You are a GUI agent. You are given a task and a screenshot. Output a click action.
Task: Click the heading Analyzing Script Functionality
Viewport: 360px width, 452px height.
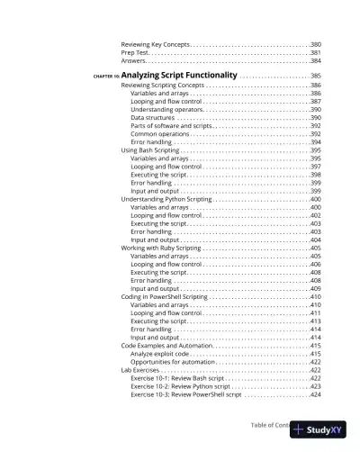pyautogui.click(x=178, y=75)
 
